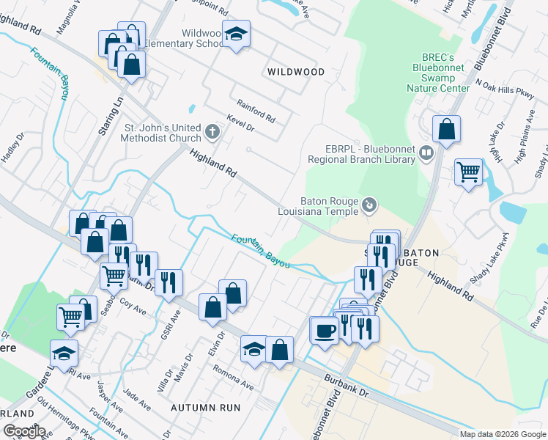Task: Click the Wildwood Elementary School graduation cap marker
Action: click(236, 34)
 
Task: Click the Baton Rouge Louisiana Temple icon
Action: click(370, 205)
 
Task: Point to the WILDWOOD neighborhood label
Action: click(295, 72)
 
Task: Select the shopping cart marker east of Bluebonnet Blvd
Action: click(469, 173)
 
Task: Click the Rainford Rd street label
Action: click(255, 111)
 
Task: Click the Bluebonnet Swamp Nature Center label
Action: click(438, 73)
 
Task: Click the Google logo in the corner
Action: click(24, 431)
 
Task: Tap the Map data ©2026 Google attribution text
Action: click(502, 434)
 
